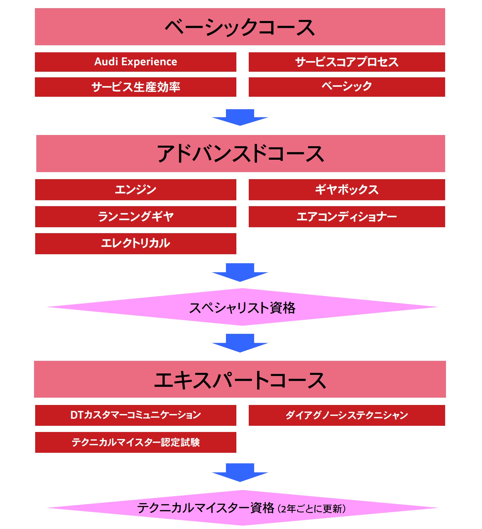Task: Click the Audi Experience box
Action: pyautogui.click(x=135, y=62)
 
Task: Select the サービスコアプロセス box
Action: pyautogui.click(x=347, y=62)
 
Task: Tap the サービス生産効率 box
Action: pyautogui.click(x=135, y=87)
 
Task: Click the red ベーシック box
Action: pyautogui.click(x=347, y=87)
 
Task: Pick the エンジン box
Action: pyautogui.click(x=135, y=190)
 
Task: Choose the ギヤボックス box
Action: pyautogui.click(x=347, y=190)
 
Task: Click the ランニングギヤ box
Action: pyautogui.click(x=135, y=217)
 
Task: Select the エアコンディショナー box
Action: pyautogui.click(x=347, y=217)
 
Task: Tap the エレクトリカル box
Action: pyautogui.click(x=135, y=244)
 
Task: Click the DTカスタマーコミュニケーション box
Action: pyautogui.click(x=135, y=415)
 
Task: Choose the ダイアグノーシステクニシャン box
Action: pyautogui.click(x=347, y=415)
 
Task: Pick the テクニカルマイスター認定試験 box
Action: pyautogui.click(x=135, y=442)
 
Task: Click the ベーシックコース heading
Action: pyautogui.click(x=240, y=27)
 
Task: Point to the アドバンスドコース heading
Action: pyautogui.click(x=241, y=154)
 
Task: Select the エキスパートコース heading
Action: pyautogui.click(x=240, y=379)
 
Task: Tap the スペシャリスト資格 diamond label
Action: pyautogui.click(x=242, y=308)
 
